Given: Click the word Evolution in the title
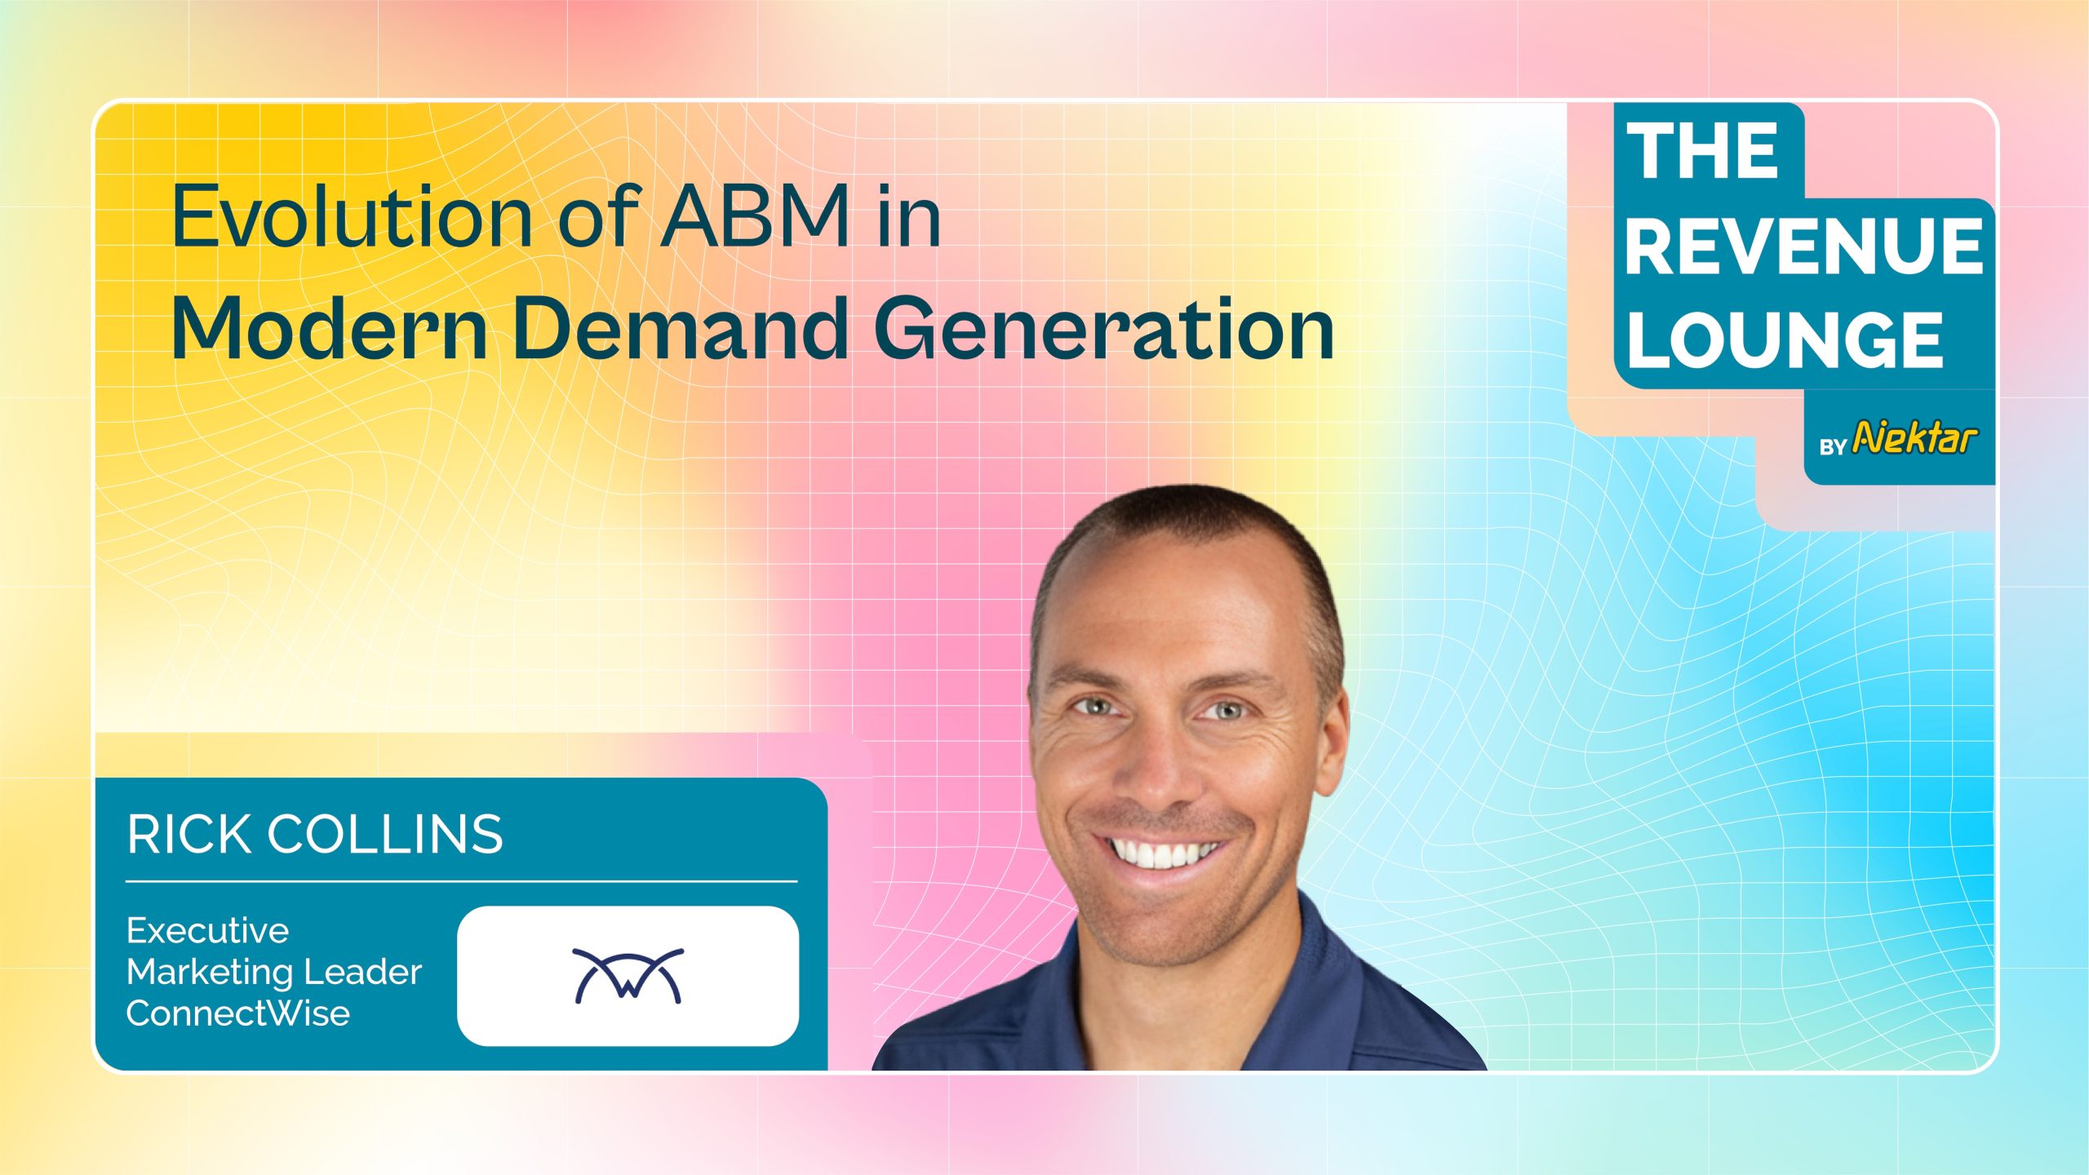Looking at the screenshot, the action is (353, 216).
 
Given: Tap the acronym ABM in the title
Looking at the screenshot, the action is (756, 216).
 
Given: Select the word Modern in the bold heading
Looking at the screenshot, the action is (330, 328).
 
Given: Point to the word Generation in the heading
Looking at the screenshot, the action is (1104, 328).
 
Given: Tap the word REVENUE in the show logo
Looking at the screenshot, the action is (1804, 246).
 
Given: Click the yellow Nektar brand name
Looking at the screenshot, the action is (1914, 438).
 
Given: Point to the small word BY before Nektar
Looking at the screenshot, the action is (1833, 447).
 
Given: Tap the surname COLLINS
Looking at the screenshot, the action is (385, 835).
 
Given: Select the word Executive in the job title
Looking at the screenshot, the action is (208, 930).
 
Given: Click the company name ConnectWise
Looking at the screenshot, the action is (238, 1013).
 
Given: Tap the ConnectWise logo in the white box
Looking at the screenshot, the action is (628, 975).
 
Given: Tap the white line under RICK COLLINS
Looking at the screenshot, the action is (462, 881).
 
